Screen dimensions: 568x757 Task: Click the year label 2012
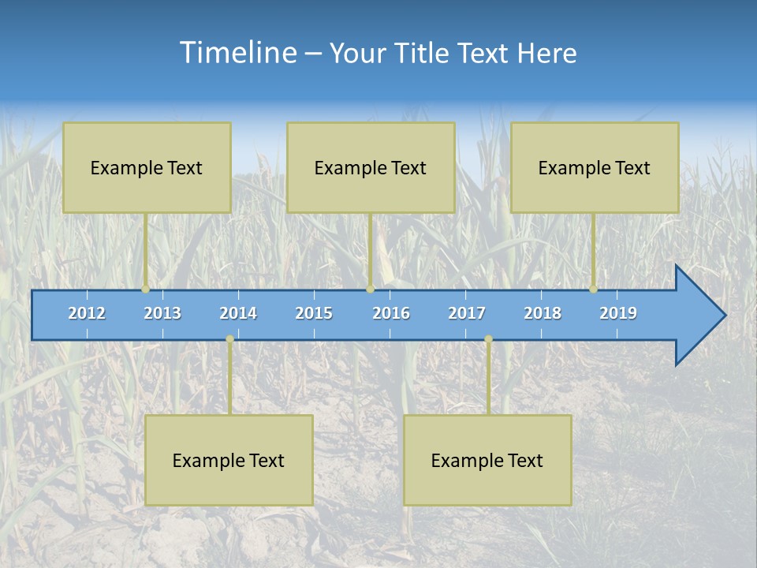(x=87, y=313)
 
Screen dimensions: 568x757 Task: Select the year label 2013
(x=162, y=313)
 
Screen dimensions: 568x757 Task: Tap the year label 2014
(x=238, y=313)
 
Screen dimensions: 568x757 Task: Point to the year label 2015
(x=314, y=313)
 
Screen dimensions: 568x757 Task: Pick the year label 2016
(x=391, y=313)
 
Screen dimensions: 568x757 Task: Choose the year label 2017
(x=467, y=313)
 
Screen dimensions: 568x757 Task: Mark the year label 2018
(x=543, y=313)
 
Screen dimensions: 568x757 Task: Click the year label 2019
(x=618, y=313)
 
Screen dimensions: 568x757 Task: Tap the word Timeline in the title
(x=237, y=53)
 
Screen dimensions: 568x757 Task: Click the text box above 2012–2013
(x=147, y=167)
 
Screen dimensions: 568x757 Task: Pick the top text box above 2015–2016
(x=371, y=167)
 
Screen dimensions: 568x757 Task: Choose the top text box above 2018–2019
(x=595, y=167)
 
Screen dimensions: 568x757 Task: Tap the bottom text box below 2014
(x=229, y=460)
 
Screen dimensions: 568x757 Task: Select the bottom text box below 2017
(x=487, y=460)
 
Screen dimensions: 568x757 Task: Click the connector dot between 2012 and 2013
(x=146, y=290)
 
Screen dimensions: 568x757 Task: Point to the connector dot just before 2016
(x=370, y=290)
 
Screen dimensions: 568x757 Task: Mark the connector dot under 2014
(x=229, y=339)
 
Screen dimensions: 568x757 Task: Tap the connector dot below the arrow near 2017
(x=488, y=339)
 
